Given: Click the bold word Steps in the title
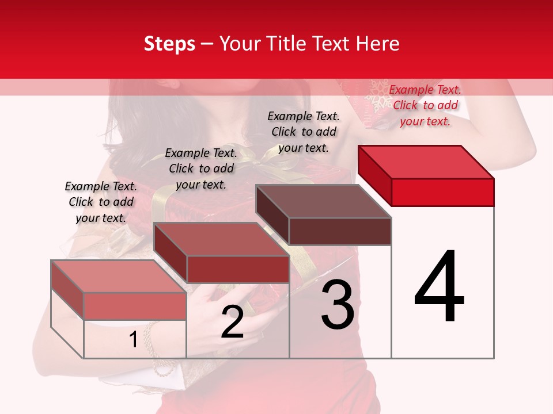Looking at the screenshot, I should pos(169,44).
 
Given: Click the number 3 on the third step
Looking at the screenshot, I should pos(338,305).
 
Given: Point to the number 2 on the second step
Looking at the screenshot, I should pos(232,322).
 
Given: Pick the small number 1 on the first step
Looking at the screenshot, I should pos(133,339).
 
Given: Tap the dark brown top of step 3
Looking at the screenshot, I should pos(324,201).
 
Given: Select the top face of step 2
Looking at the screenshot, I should pos(221,239).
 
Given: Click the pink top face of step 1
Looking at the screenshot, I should pos(119,276).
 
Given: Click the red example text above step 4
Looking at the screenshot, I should pos(425,105).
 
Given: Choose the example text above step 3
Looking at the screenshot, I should pos(304,132).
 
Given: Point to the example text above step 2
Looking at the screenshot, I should pos(201,168).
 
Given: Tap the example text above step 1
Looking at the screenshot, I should pos(101,202).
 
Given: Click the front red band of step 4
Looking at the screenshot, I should pos(442,192).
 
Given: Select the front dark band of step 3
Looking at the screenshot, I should pos(340,231).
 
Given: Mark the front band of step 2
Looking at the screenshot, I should pos(237,269).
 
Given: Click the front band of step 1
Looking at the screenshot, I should pos(135,306).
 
